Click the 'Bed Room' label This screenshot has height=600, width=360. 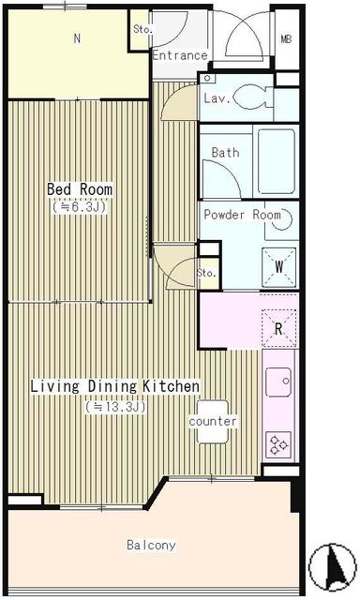80,189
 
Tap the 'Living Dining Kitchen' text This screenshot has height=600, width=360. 114,385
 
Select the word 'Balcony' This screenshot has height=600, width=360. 152,545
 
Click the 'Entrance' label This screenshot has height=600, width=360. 179,55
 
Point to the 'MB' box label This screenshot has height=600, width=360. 286,39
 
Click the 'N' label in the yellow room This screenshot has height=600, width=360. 77,38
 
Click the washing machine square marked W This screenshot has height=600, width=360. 279,265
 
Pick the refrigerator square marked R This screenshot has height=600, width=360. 278,327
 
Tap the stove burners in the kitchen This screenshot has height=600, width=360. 278,442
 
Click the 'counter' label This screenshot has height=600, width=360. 214,422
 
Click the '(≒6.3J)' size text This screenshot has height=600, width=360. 80,207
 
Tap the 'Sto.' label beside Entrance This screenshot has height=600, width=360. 142,28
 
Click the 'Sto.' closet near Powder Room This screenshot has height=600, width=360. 207,272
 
